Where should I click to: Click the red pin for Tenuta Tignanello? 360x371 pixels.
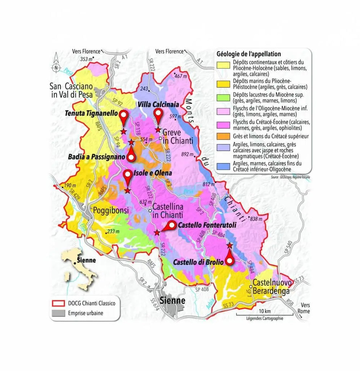(124, 117)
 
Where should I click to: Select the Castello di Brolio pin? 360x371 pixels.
(229, 259)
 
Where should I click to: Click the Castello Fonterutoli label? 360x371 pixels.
(207, 225)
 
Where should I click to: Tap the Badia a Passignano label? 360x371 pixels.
(96, 157)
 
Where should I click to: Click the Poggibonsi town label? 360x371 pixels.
(111, 210)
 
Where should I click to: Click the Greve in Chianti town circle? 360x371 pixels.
(161, 138)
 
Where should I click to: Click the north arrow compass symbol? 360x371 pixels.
(56, 63)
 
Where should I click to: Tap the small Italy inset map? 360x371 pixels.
(78, 268)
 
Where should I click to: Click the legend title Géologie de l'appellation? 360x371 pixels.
(248, 54)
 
